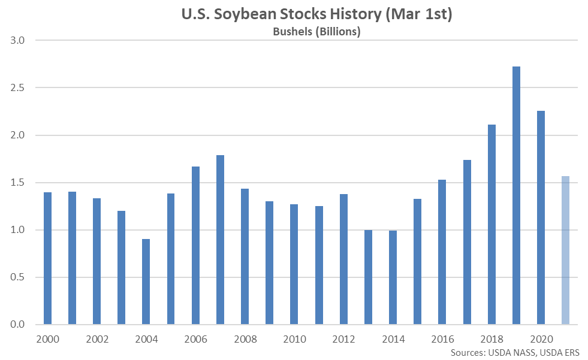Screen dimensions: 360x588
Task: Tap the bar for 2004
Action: (146, 282)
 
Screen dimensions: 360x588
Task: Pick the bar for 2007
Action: (220, 240)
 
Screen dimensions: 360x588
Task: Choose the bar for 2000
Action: (48, 258)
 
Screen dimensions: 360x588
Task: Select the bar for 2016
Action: (442, 252)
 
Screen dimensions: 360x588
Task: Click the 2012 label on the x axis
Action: (343, 338)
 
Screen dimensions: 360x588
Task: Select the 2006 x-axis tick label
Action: (195, 338)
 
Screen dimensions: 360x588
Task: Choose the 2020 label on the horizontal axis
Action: (541, 338)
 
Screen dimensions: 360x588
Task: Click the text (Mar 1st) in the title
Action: (418, 14)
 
